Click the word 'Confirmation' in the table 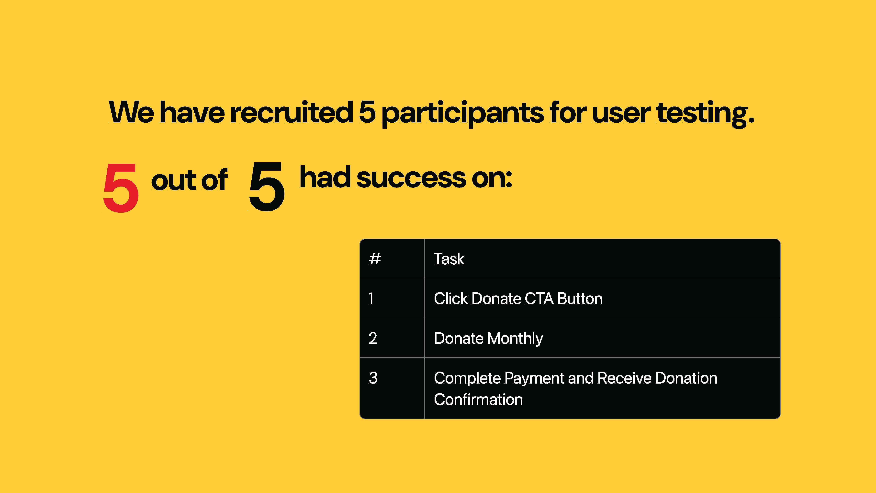[x=478, y=399]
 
